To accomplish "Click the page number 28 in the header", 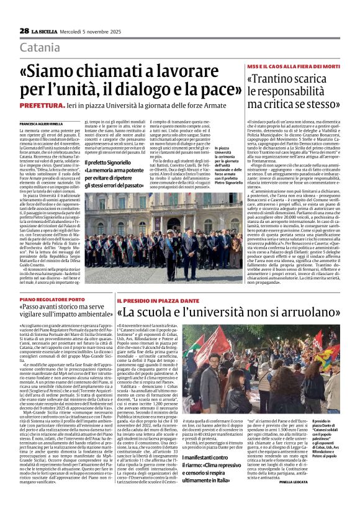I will point(24,30).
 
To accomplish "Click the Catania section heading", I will point(40,47).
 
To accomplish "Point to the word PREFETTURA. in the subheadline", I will point(45,106).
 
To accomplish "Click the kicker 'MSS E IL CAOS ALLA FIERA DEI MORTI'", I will point(293,66).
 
